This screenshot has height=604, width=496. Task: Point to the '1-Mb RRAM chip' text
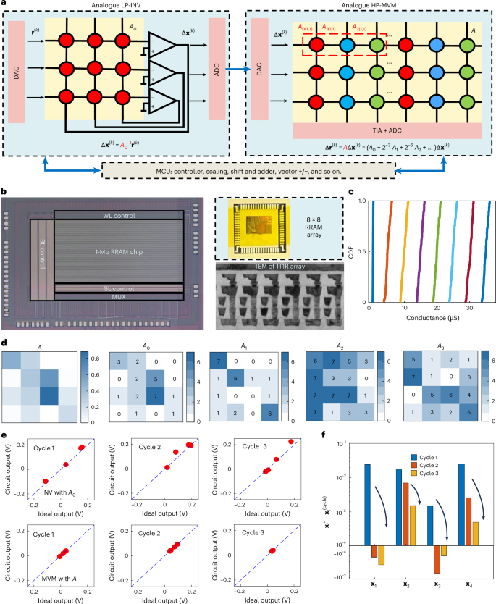[120, 251]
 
